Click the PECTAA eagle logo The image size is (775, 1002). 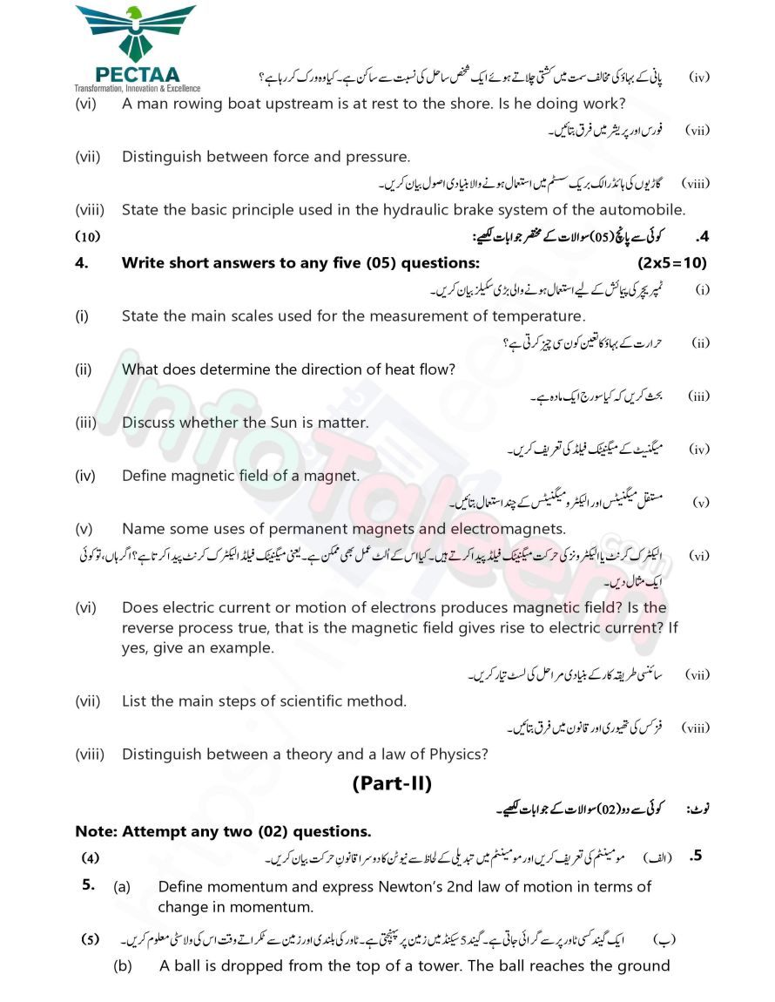(x=136, y=33)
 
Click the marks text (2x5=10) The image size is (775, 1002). (x=666, y=263)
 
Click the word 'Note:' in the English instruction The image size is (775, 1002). (x=96, y=831)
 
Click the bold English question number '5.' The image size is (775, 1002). (x=88, y=885)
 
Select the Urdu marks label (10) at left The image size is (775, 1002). (x=87, y=237)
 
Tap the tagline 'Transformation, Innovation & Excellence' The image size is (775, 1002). (x=137, y=88)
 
